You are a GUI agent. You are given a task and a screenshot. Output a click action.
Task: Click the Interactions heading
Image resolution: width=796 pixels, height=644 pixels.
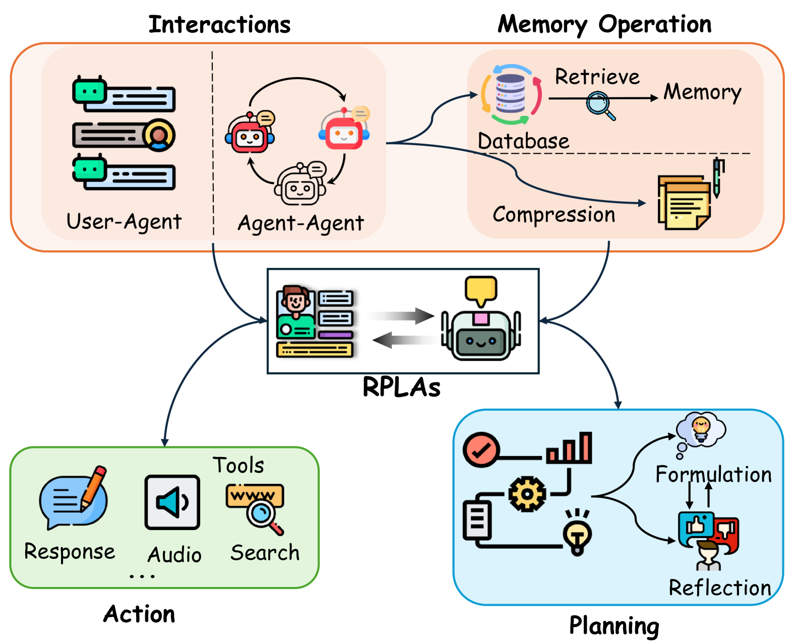click(219, 24)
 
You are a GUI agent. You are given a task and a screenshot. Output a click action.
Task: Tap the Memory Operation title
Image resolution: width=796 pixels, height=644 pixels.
click(604, 24)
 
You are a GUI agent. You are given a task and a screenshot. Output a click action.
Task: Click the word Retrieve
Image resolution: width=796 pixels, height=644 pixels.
click(597, 77)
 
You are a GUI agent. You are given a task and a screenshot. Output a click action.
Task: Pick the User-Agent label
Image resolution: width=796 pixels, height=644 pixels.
click(124, 222)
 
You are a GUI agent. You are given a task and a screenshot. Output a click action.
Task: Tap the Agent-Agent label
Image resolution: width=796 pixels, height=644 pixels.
click(300, 223)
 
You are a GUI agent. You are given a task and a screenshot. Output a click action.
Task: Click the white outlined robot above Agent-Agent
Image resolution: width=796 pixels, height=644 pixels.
click(300, 185)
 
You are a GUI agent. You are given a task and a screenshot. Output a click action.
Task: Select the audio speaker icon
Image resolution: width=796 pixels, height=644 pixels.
click(172, 502)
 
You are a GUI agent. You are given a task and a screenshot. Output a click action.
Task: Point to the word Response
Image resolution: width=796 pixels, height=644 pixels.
click(70, 552)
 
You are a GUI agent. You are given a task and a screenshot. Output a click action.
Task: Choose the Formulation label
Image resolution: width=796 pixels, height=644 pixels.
click(713, 475)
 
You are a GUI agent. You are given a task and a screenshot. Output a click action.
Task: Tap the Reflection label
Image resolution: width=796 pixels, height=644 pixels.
click(719, 588)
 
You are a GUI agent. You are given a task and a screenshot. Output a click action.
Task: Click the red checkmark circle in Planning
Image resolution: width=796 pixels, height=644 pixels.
click(481, 449)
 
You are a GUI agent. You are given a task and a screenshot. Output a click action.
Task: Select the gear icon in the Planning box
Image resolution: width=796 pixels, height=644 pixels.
click(527, 494)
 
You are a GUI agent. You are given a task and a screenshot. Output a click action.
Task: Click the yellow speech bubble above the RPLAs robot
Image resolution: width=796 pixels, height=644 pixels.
click(481, 290)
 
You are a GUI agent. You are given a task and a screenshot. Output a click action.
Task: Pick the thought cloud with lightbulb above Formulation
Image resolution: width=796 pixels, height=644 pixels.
click(701, 430)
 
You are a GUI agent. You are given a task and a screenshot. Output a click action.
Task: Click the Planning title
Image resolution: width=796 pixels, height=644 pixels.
click(614, 626)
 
